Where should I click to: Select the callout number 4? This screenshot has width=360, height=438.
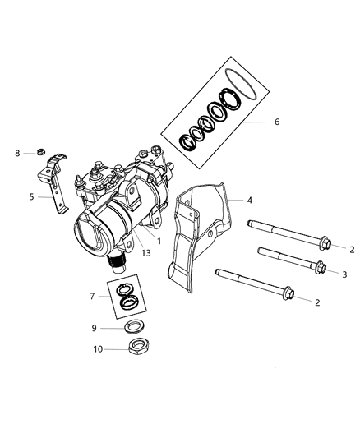click(x=250, y=200)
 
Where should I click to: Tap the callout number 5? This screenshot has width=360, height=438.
click(x=31, y=196)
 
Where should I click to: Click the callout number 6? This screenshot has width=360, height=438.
click(x=276, y=122)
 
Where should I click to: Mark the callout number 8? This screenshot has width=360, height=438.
click(x=17, y=152)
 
